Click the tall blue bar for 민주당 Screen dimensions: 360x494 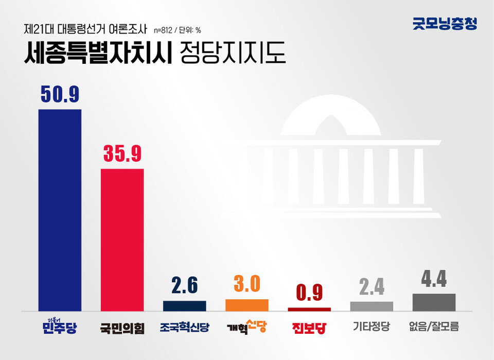(x=60, y=210)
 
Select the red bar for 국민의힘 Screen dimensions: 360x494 (x=122, y=240)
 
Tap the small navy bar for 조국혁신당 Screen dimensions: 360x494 (x=184, y=306)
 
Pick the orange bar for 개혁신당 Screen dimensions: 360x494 (x=246, y=305)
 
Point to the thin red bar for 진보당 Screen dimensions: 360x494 (x=309, y=309)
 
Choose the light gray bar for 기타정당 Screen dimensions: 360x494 (x=372, y=306)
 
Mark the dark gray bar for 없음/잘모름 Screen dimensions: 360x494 (x=434, y=302)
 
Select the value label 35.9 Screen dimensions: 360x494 (x=122, y=153)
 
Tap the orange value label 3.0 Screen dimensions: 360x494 (x=246, y=284)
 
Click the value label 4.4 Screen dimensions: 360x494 (x=434, y=279)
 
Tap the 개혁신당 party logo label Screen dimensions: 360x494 (x=246, y=327)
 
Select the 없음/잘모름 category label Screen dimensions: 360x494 (x=434, y=327)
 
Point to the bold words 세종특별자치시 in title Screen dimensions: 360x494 (x=98, y=53)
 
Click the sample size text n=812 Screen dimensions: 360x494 (x=166, y=30)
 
